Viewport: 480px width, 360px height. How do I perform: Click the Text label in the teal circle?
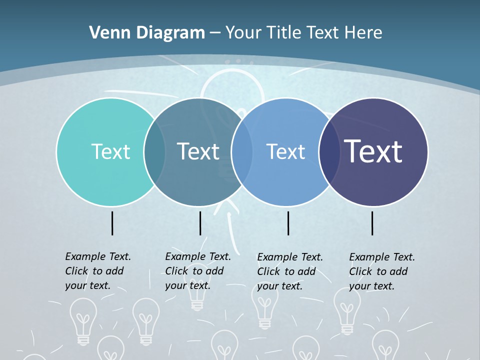click(x=110, y=151)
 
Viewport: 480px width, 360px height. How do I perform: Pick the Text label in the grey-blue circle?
click(x=198, y=151)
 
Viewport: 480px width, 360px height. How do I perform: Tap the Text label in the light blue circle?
click(x=285, y=151)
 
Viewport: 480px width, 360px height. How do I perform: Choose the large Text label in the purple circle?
click(x=373, y=151)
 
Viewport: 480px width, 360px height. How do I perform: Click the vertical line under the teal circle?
click(x=112, y=223)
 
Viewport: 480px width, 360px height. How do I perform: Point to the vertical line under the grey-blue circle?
click(x=200, y=223)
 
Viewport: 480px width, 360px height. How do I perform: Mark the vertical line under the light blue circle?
click(x=288, y=223)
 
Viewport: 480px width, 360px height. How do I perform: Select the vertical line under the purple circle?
click(x=372, y=223)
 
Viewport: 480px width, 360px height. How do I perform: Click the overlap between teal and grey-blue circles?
click(x=154, y=152)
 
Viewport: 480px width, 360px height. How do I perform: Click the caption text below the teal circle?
click(x=98, y=271)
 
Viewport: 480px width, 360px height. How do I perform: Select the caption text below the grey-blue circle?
click(x=198, y=271)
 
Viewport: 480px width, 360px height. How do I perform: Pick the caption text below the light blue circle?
click(x=290, y=271)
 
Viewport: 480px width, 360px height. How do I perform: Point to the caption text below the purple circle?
click(x=382, y=271)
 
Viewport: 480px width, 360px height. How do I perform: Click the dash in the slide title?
click(x=215, y=33)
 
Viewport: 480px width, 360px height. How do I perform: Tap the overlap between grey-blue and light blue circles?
click(x=241, y=152)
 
